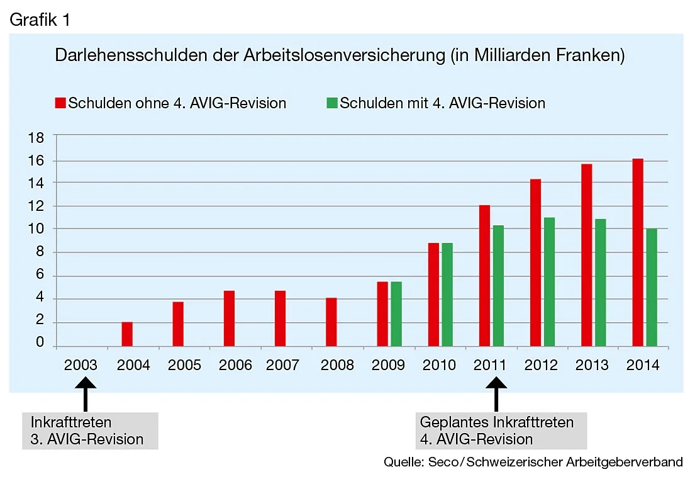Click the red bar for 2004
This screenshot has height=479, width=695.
click(x=127, y=334)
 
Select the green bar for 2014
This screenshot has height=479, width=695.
click(x=651, y=287)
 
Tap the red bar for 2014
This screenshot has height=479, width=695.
click(x=637, y=252)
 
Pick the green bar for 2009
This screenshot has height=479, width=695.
click(x=396, y=313)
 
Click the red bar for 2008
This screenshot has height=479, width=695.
click(x=331, y=322)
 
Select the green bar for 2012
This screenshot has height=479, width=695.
click(x=549, y=281)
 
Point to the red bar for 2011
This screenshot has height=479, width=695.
click(x=484, y=275)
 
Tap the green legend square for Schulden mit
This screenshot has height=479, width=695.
click(x=332, y=103)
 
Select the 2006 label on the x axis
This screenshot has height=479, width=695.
click(x=235, y=366)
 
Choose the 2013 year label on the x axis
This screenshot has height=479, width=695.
click(x=592, y=366)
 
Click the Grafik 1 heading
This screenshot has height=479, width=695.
click(x=40, y=20)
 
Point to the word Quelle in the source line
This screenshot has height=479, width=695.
click(x=401, y=463)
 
